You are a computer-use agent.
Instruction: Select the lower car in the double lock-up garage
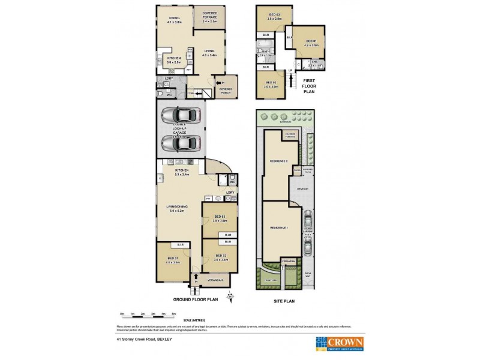(179, 144)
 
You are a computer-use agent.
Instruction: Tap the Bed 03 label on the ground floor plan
(220, 218)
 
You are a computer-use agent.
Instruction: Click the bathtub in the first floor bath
(265, 53)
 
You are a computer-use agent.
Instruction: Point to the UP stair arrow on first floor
(291, 71)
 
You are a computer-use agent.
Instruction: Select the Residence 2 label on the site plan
(278, 162)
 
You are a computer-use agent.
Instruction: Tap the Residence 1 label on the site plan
(278, 228)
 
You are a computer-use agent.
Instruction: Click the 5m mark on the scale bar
(173, 314)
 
